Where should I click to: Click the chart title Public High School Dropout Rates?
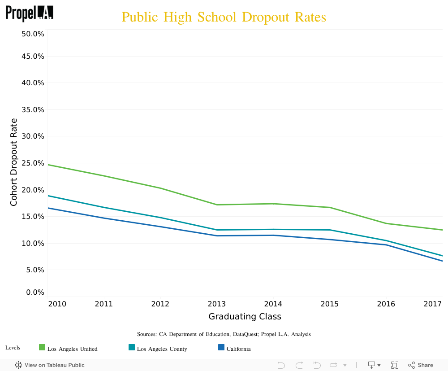pyautogui.click(x=224, y=17)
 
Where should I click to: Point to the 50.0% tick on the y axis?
pyautogui.click(x=33, y=34)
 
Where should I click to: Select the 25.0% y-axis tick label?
pyautogui.click(x=33, y=163)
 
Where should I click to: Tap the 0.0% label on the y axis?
pyautogui.click(x=34, y=292)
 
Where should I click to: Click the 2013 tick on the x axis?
pyautogui.click(x=217, y=304)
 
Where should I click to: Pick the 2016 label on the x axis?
pyautogui.click(x=386, y=304)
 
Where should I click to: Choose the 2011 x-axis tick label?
pyautogui.click(x=104, y=304)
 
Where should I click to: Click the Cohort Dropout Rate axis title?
pyautogui.click(x=14, y=162)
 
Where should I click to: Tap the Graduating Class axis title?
pyautogui.click(x=245, y=316)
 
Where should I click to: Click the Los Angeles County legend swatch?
pyautogui.click(x=132, y=347)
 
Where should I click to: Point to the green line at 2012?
pyautogui.click(x=160, y=188)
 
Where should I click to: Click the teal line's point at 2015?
pyautogui.click(x=330, y=230)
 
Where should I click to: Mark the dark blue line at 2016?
pyautogui.click(x=386, y=244)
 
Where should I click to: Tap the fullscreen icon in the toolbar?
pyautogui.click(x=395, y=365)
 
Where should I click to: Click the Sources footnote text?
pyautogui.click(x=224, y=334)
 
